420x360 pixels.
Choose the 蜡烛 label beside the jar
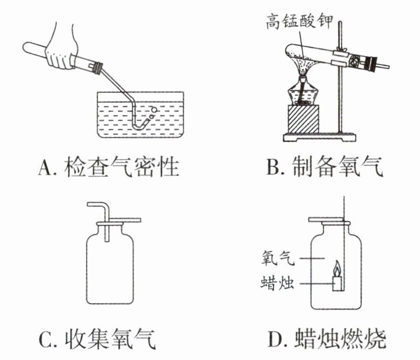pyautogui.click(x=277, y=283)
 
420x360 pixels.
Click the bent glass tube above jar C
pyautogui.click(x=99, y=209)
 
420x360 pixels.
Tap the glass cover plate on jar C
pyautogui.click(x=119, y=221)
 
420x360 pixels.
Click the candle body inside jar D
pyautogui.click(x=337, y=283)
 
